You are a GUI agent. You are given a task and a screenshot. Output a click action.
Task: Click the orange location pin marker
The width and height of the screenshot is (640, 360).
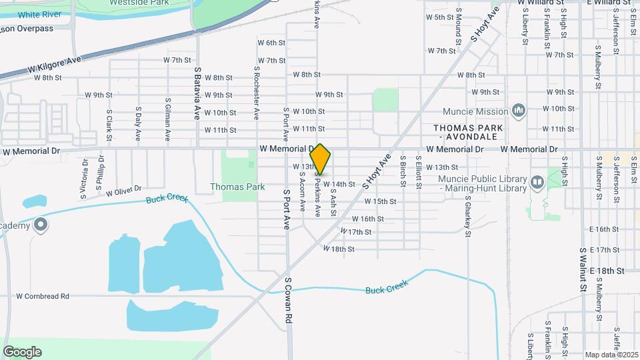321,159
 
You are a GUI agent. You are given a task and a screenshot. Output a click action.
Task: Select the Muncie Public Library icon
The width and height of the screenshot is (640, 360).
537,181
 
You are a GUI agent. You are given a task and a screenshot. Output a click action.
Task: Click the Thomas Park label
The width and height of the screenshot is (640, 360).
237,187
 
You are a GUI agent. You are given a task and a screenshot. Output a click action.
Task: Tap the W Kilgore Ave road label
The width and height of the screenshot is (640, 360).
54,65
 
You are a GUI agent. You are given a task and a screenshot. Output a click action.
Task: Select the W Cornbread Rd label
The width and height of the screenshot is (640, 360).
43,295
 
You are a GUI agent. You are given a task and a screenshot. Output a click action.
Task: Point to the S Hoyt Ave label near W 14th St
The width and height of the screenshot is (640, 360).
375,172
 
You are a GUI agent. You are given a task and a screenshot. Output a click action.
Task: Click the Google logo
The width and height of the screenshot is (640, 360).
22,352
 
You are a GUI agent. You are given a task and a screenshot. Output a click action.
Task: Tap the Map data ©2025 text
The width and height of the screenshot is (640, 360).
611,355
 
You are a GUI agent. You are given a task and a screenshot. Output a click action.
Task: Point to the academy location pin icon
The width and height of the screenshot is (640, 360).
41,225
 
